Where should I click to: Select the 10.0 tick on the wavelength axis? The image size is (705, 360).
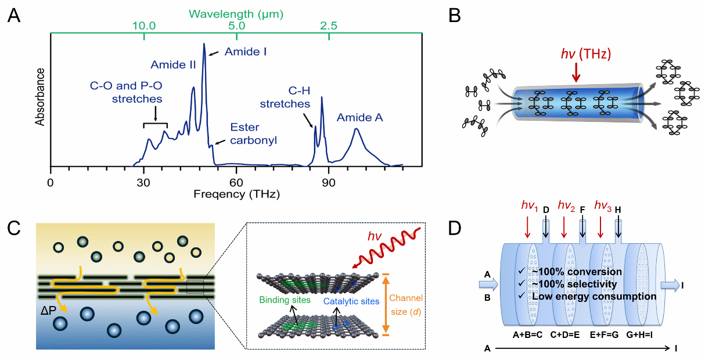coord(143,26)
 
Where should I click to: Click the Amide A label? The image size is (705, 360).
coord(360,118)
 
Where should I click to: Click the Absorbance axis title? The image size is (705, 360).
coord(40,97)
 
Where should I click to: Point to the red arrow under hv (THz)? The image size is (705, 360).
coord(576,73)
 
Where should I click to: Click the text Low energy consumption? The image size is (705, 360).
coord(594,296)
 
